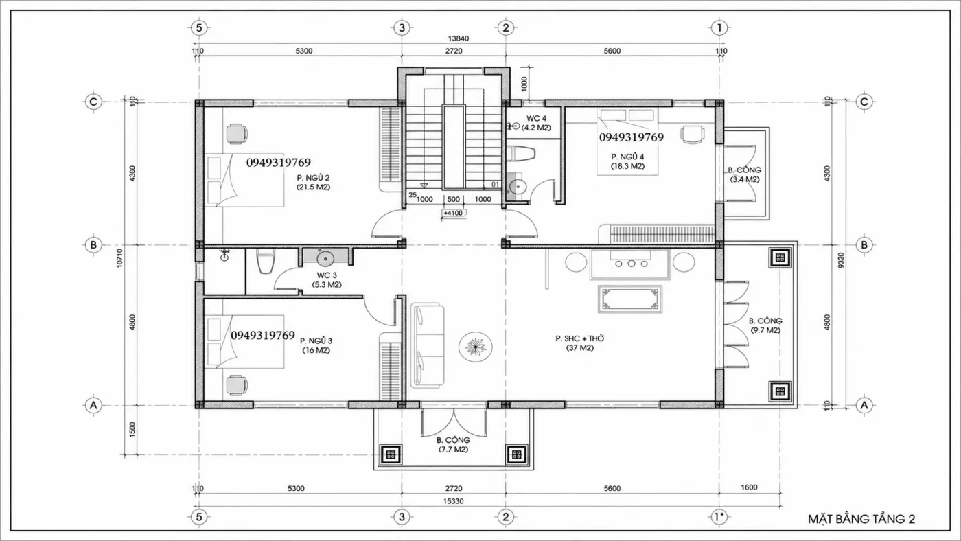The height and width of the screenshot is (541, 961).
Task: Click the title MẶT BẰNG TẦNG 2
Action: tap(861, 519)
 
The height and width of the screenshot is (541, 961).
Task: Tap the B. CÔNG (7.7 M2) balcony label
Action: tap(453, 445)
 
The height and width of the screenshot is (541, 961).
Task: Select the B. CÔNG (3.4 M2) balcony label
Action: tap(745, 174)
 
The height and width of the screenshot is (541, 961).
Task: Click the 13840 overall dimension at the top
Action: tap(459, 38)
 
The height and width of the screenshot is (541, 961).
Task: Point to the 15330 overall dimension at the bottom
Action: tap(453, 501)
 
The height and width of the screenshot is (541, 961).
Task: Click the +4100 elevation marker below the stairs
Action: tap(453, 213)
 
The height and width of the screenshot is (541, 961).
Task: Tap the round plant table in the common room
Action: tap(475, 347)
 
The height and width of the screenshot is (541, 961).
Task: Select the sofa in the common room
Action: tap(427, 345)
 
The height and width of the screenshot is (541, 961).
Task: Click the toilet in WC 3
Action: tap(265, 261)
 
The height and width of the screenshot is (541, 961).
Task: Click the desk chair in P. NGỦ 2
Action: tap(236, 134)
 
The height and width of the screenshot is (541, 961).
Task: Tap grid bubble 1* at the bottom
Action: tap(719, 517)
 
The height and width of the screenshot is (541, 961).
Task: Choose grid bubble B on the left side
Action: tap(93, 245)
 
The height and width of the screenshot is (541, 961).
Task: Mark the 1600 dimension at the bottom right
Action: tap(749, 487)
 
